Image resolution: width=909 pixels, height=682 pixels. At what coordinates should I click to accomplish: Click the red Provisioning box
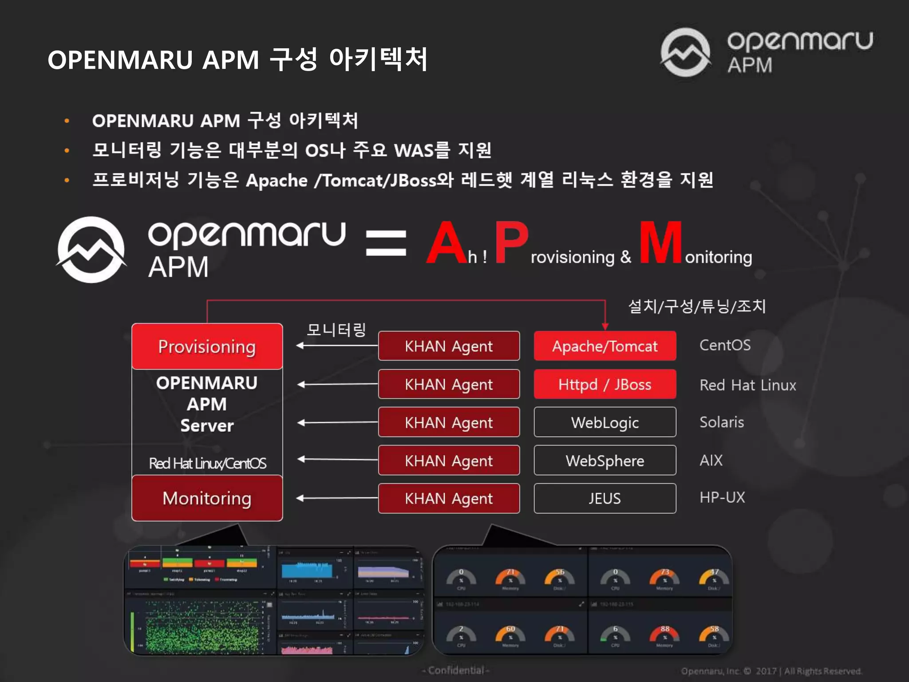[207, 346]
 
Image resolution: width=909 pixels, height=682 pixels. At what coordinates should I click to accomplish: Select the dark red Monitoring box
[207, 498]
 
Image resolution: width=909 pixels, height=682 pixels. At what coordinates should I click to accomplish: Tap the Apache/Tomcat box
[605, 346]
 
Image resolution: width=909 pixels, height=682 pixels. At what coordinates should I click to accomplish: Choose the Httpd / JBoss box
[605, 384]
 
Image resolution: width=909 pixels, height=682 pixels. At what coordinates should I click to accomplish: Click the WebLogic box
[605, 422]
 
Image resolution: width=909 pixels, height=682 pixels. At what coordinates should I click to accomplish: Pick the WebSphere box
[605, 460]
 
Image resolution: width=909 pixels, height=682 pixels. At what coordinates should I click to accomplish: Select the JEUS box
[605, 498]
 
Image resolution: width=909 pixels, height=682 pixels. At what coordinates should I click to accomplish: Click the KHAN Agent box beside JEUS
[449, 498]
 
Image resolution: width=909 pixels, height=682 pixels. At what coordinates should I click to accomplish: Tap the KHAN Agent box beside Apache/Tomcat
[449, 346]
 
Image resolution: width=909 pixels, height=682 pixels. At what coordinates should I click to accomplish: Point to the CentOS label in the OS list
[725, 345]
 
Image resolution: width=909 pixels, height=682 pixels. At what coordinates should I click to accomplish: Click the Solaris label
[722, 422]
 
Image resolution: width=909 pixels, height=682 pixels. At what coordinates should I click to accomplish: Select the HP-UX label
[722, 497]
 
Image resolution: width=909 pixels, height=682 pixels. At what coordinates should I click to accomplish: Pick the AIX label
[711, 460]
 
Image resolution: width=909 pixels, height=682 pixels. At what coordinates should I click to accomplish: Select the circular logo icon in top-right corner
[686, 52]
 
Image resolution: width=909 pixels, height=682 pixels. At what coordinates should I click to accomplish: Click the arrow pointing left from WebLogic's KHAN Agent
[337, 422]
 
